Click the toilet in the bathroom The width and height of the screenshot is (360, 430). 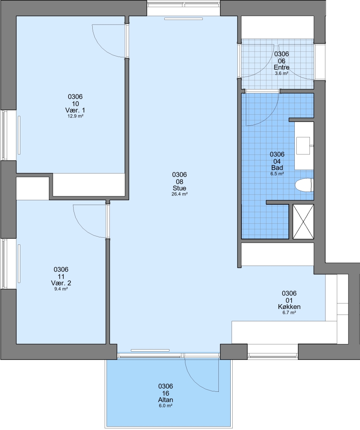pos(304,185)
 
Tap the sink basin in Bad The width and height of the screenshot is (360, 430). pos(303,146)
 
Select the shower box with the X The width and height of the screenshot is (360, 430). pos(303,222)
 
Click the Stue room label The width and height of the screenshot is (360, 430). pos(179,188)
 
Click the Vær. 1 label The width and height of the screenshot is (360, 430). pos(75,110)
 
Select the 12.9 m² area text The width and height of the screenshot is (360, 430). pos(75,116)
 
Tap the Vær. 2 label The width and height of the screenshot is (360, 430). pos(61,283)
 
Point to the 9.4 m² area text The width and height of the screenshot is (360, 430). pos(61,289)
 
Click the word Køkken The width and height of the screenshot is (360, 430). pos(289,307)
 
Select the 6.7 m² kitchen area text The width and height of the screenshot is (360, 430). pos(289,313)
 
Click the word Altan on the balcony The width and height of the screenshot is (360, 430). pos(165,400)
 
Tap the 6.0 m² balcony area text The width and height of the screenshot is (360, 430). pos(165,406)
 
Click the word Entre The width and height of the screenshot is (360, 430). pos(282,67)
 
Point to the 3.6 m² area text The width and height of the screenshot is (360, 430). pos(282,74)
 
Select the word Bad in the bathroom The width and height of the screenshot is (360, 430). pos(277,168)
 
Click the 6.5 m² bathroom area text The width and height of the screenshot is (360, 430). pos(277,174)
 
